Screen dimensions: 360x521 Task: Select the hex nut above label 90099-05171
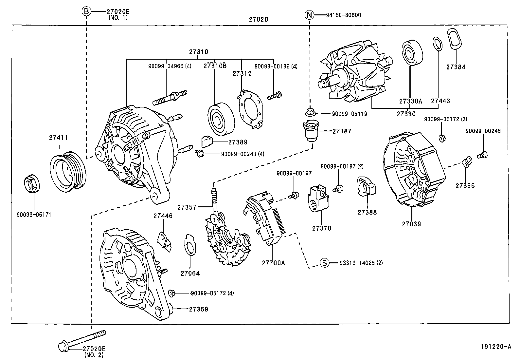[x=32, y=184]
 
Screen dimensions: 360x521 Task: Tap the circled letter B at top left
[x=86, y=12]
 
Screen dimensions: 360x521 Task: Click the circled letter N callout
[x=309, y=15]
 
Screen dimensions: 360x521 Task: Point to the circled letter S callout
[x=324, y=263]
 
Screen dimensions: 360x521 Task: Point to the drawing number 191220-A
[x=495, y=347]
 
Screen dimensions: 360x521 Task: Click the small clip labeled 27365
[x=467, y=161]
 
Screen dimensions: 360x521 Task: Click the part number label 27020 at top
[x=258, y=19]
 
